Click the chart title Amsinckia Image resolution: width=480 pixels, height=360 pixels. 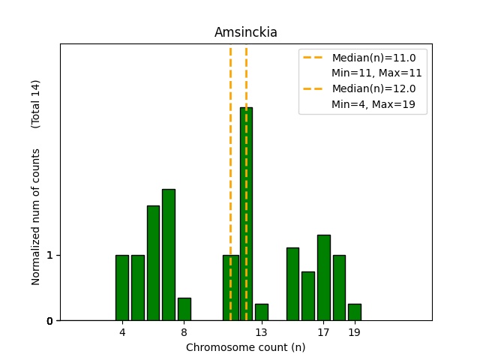click(x=245, y=32)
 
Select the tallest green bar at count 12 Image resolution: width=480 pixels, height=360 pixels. click(x=246, y=214)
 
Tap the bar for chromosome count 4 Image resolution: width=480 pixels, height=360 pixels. click(x=122, y=288)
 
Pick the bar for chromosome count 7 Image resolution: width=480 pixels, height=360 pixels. click(x=169, y=255)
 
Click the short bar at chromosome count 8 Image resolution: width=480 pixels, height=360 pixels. click(x=184, y=309)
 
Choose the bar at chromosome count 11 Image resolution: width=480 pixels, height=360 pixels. click(x=230, y=288)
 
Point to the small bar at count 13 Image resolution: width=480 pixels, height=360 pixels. click(x=262, y=312)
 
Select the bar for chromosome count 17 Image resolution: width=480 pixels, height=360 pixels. click(x=323, y=277)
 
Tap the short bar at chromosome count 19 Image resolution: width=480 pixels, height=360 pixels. click(x=355, y=312)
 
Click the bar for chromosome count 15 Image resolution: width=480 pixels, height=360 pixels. click(x=292, y=284)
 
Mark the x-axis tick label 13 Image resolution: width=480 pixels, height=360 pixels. click(x=261, y=331)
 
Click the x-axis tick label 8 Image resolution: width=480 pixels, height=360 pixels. click(x=184, y=331)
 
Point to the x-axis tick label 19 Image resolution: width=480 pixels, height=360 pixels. click(x=355, y=331)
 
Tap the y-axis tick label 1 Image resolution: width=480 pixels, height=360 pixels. click(x=49, y=255)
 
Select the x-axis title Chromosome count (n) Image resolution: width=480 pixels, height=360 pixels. click(x=245, y=347)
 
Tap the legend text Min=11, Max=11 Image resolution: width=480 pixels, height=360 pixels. click(x=376, y=73)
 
